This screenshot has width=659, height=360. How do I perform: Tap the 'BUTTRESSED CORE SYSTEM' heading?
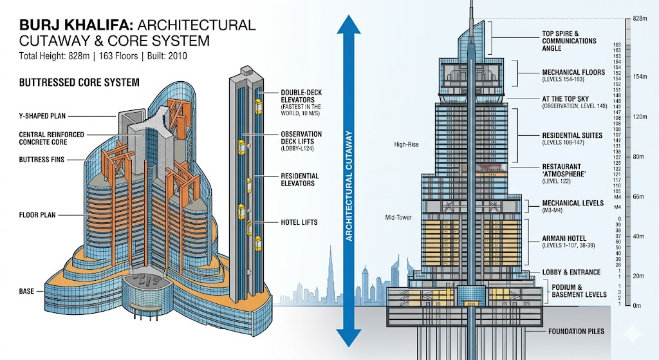click(x=79, y=82)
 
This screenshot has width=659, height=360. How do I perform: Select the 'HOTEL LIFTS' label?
click(x=299, y=223)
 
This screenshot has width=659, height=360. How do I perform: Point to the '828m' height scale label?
click(x=639, y=19)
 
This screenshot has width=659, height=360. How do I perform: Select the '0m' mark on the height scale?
click(x=637, y=305)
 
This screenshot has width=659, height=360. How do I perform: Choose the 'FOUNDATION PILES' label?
click(x=576, y=332)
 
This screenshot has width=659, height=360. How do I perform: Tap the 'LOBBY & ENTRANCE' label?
click(x=571, y=272)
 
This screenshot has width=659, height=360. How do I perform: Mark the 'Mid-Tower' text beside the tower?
click(x=398, y=218)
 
